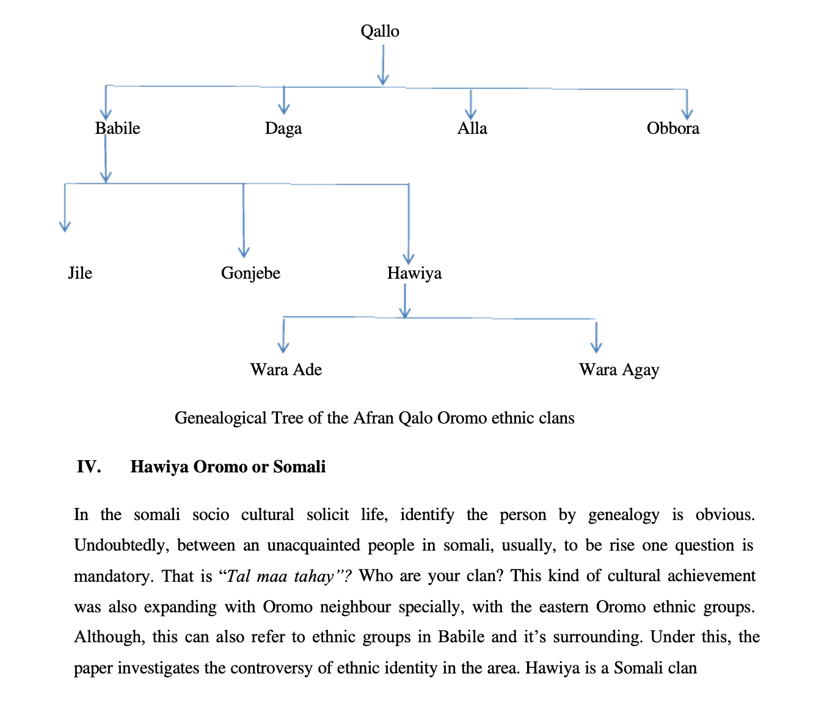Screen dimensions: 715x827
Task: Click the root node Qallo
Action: (380, 31)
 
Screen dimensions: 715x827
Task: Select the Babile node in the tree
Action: (118, 128)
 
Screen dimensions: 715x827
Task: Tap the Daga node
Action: (283, 128)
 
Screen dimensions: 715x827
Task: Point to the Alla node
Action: (472, 128)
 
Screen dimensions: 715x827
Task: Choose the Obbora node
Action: (673, 128)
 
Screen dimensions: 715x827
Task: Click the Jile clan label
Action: (80, 273)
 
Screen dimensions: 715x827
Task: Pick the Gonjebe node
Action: (250, 273)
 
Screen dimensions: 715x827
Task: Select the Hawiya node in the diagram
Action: (414, 273)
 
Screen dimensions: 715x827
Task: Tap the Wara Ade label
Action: (286, 370)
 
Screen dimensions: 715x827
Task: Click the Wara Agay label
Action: (619, 370)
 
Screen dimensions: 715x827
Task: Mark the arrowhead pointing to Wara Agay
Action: (596, 346)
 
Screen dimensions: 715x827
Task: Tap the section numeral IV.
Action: (89, 467)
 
